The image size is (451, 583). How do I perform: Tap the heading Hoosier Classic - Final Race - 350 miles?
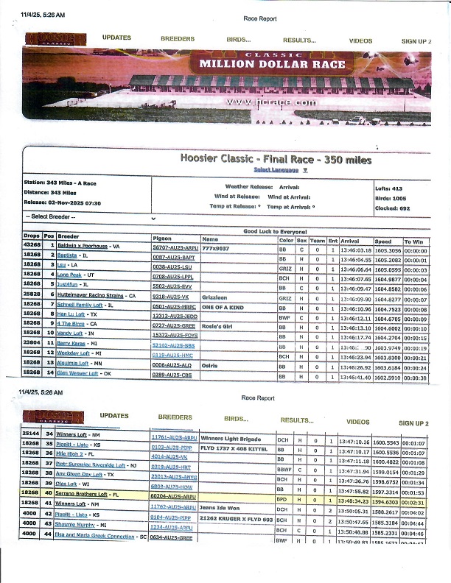(x=276, y=159)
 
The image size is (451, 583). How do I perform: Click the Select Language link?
(x=275, y=169)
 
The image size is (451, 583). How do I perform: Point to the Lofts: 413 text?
(x=389, y=189)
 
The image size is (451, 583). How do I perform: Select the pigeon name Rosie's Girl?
(x=219, y=326)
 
